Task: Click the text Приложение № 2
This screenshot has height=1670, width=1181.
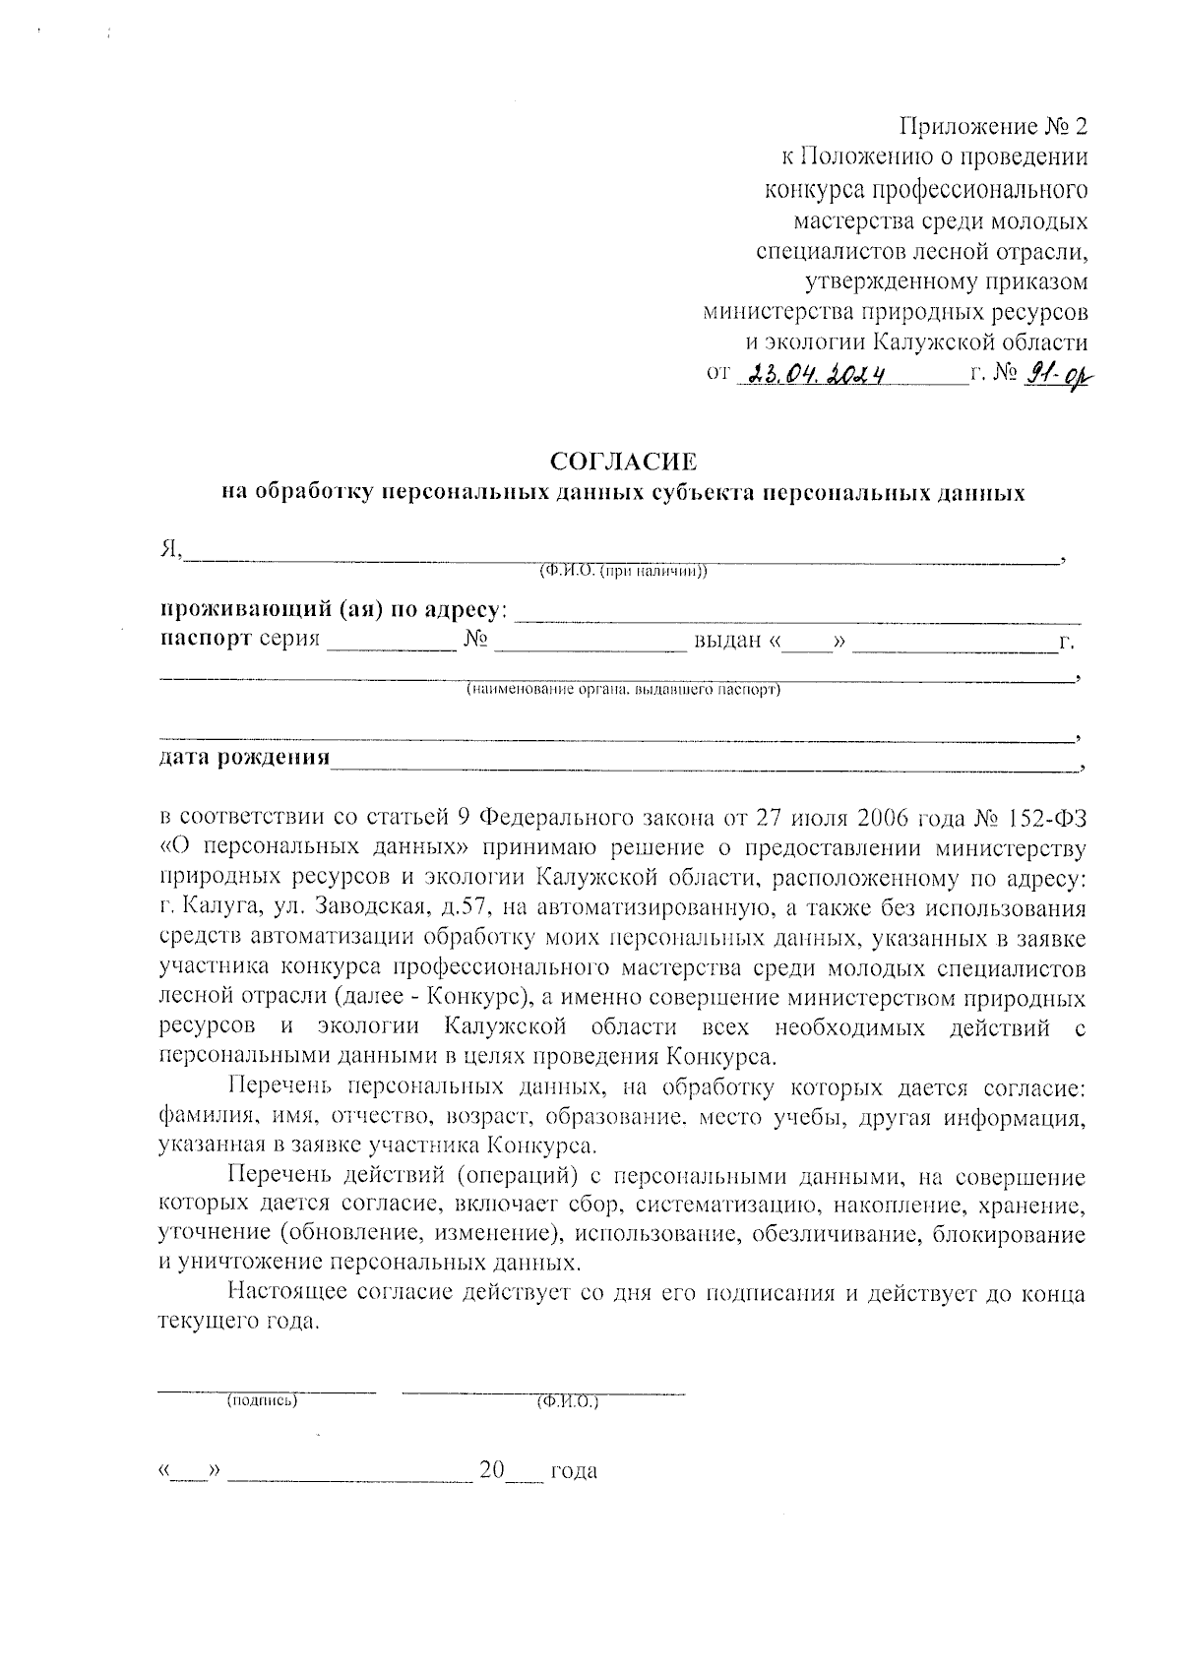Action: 995,127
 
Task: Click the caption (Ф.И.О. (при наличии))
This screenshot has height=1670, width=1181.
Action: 622,572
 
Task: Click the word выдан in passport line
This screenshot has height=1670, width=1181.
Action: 728,642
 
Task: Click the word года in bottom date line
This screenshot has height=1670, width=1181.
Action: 574,1472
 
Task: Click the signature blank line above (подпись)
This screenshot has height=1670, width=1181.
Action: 268,1390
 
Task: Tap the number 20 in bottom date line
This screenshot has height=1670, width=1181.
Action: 491,1471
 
